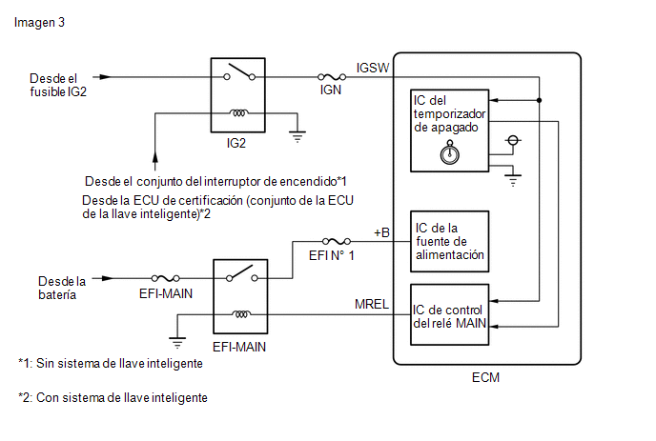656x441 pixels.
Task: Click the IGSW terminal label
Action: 373,68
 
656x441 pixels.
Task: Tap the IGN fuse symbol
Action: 332,77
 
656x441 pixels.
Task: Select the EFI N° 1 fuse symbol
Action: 337,241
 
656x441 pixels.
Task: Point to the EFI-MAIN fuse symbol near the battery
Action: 166,278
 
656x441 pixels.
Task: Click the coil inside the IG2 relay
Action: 239,112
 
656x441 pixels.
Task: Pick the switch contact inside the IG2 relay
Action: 239,71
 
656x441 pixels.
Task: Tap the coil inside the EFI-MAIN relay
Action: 241,314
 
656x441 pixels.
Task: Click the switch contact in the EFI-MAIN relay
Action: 242,273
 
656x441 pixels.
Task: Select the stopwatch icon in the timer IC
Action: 450,152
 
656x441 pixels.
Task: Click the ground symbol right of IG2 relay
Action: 297,136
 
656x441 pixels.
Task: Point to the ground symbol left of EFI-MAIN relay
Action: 177,342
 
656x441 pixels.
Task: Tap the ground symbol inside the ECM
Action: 513,180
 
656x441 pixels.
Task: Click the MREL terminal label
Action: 372,304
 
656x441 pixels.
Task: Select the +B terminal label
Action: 381,232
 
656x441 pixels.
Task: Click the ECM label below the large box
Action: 485,377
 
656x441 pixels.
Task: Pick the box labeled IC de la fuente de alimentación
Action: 450,242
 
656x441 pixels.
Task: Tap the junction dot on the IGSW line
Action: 540,100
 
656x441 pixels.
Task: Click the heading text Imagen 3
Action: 39,23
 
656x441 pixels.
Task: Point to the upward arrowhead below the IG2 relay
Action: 155,157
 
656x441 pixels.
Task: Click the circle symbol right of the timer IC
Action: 513,140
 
